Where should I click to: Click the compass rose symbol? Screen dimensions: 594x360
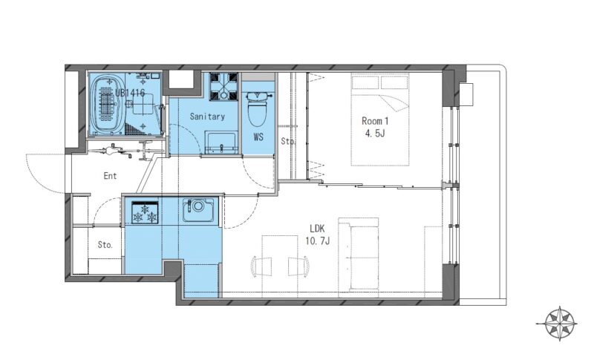[x=556, y=324]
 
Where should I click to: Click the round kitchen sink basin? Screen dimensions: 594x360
[x=198, y=206]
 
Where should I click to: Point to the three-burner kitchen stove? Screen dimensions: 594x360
[x=145, y=212]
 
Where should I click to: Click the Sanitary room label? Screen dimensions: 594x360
[x=207, y=117]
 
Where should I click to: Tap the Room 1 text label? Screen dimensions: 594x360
[x=375, y=121]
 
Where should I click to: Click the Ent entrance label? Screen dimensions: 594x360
[x=110, y=176]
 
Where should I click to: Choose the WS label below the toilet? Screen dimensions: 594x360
[x=258, y=137]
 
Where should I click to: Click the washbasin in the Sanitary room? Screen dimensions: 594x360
[x=221, y=143]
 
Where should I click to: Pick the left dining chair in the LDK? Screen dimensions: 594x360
[x=261, y=266]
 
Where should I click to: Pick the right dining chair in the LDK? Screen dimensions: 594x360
[x=298, y=266]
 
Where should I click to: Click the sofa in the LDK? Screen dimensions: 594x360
[x=359, y=255]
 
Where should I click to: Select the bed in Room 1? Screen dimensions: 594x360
[x=380, y=120]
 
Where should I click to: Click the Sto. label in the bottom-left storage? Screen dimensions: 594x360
[x=105, y=245]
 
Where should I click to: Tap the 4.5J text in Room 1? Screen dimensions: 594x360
[x=375, y=134]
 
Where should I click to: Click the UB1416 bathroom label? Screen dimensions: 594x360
[x=130, y=93]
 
